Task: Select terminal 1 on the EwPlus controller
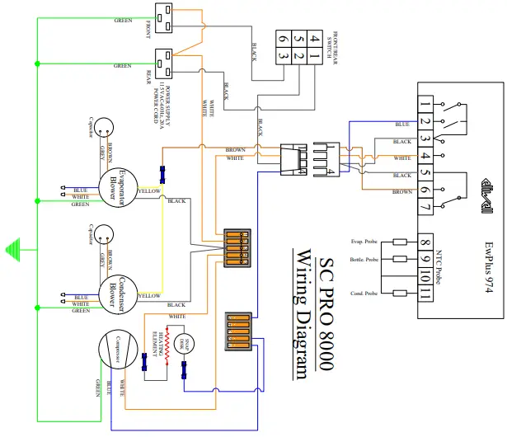point(425,105)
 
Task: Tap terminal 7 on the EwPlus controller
point(425,206)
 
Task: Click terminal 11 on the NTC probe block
point(425,294)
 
